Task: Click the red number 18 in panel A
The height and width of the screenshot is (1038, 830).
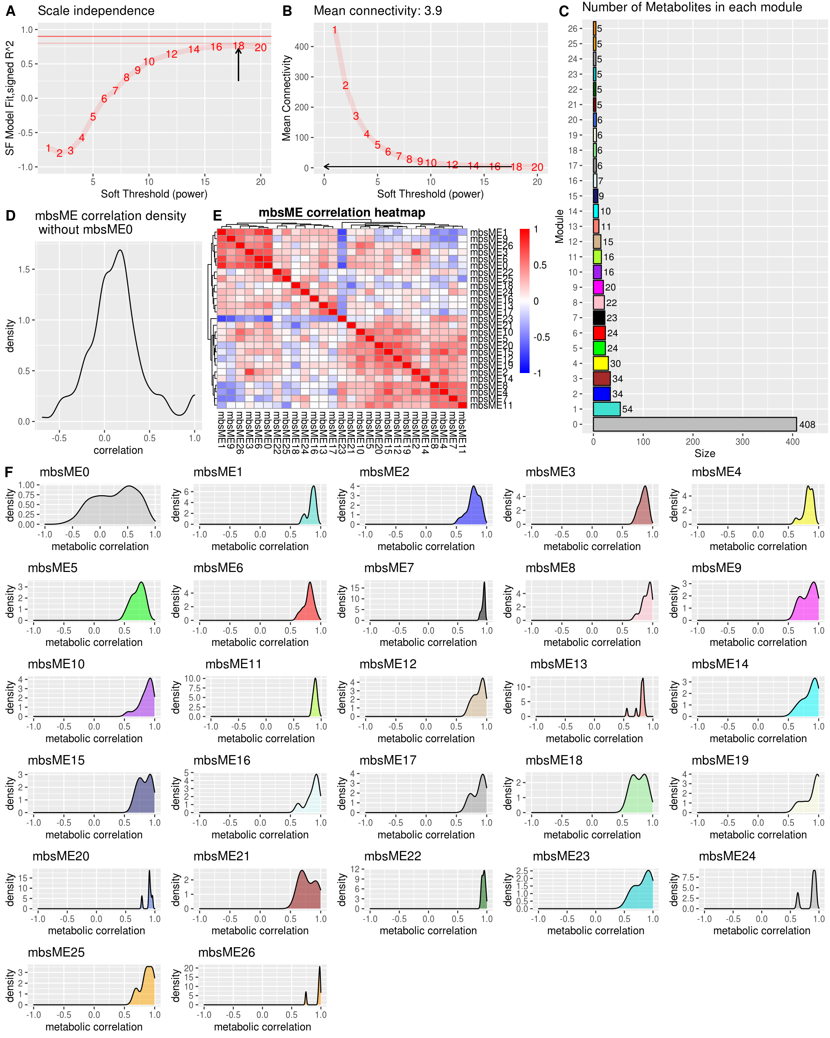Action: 238,46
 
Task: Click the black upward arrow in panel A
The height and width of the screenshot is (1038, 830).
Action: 238,65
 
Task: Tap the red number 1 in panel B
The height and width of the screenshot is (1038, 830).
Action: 334,30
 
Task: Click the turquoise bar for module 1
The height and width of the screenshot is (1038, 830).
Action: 606,409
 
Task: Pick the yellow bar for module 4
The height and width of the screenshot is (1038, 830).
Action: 601,363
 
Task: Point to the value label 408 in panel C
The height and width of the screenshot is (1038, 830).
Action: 807,425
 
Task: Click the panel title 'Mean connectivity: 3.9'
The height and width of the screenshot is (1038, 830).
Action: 377,10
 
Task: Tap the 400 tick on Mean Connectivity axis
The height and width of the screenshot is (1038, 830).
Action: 302,47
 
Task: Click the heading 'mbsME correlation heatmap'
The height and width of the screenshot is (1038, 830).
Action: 342,212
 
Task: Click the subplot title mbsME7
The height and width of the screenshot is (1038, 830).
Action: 389,568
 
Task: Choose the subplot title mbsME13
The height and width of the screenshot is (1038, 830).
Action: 558,664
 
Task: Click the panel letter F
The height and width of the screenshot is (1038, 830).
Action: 9,472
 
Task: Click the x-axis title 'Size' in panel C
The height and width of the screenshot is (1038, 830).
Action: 704,453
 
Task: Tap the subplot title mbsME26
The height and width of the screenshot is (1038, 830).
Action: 226,952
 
